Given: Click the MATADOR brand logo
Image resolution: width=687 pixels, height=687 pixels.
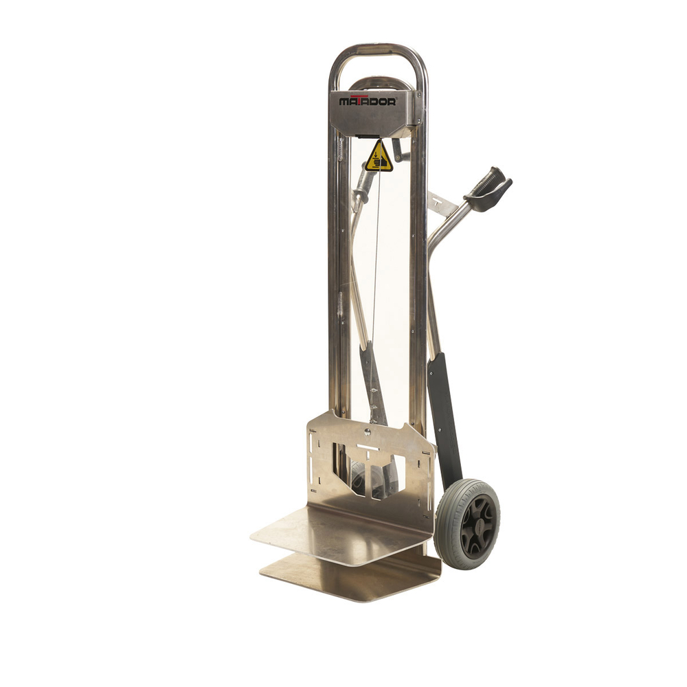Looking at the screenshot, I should [367, 101].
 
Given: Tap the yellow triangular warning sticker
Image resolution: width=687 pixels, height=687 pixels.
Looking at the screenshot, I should [379, 157].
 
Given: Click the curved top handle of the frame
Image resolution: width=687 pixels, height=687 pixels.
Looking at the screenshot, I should [377, 49].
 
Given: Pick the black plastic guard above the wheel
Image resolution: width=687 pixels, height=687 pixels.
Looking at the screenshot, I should [445, 419].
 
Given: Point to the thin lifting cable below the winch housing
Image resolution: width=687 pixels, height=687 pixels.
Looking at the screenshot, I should [375, 275].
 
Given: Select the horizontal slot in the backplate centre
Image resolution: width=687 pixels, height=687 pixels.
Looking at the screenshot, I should [368, 447].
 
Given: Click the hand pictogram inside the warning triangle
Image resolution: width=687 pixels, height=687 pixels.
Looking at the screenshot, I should [379, 160].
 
